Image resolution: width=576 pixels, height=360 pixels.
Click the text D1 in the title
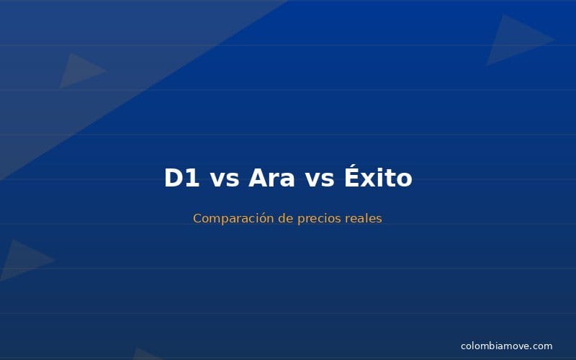pos(181,178)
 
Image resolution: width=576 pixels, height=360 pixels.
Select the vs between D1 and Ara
pos(225,179)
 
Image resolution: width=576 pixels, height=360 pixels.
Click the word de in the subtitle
pos(285,218)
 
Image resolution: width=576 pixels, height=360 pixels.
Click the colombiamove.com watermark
pos(506,346)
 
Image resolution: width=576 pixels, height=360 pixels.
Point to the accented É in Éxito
pos(352,176)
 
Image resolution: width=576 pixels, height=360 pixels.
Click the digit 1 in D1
pos(192,178)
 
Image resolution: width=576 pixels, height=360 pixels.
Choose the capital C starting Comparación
pos(197,218)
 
